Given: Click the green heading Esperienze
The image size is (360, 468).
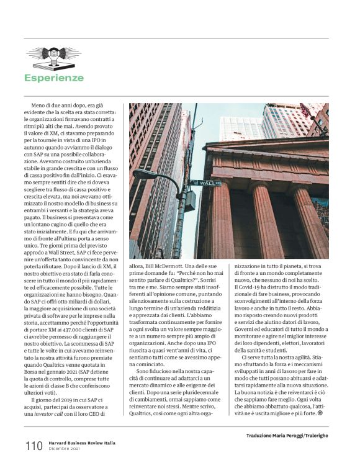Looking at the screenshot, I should click(x=53, y=78).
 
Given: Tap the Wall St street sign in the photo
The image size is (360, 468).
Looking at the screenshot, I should click(x=209, y=183).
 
